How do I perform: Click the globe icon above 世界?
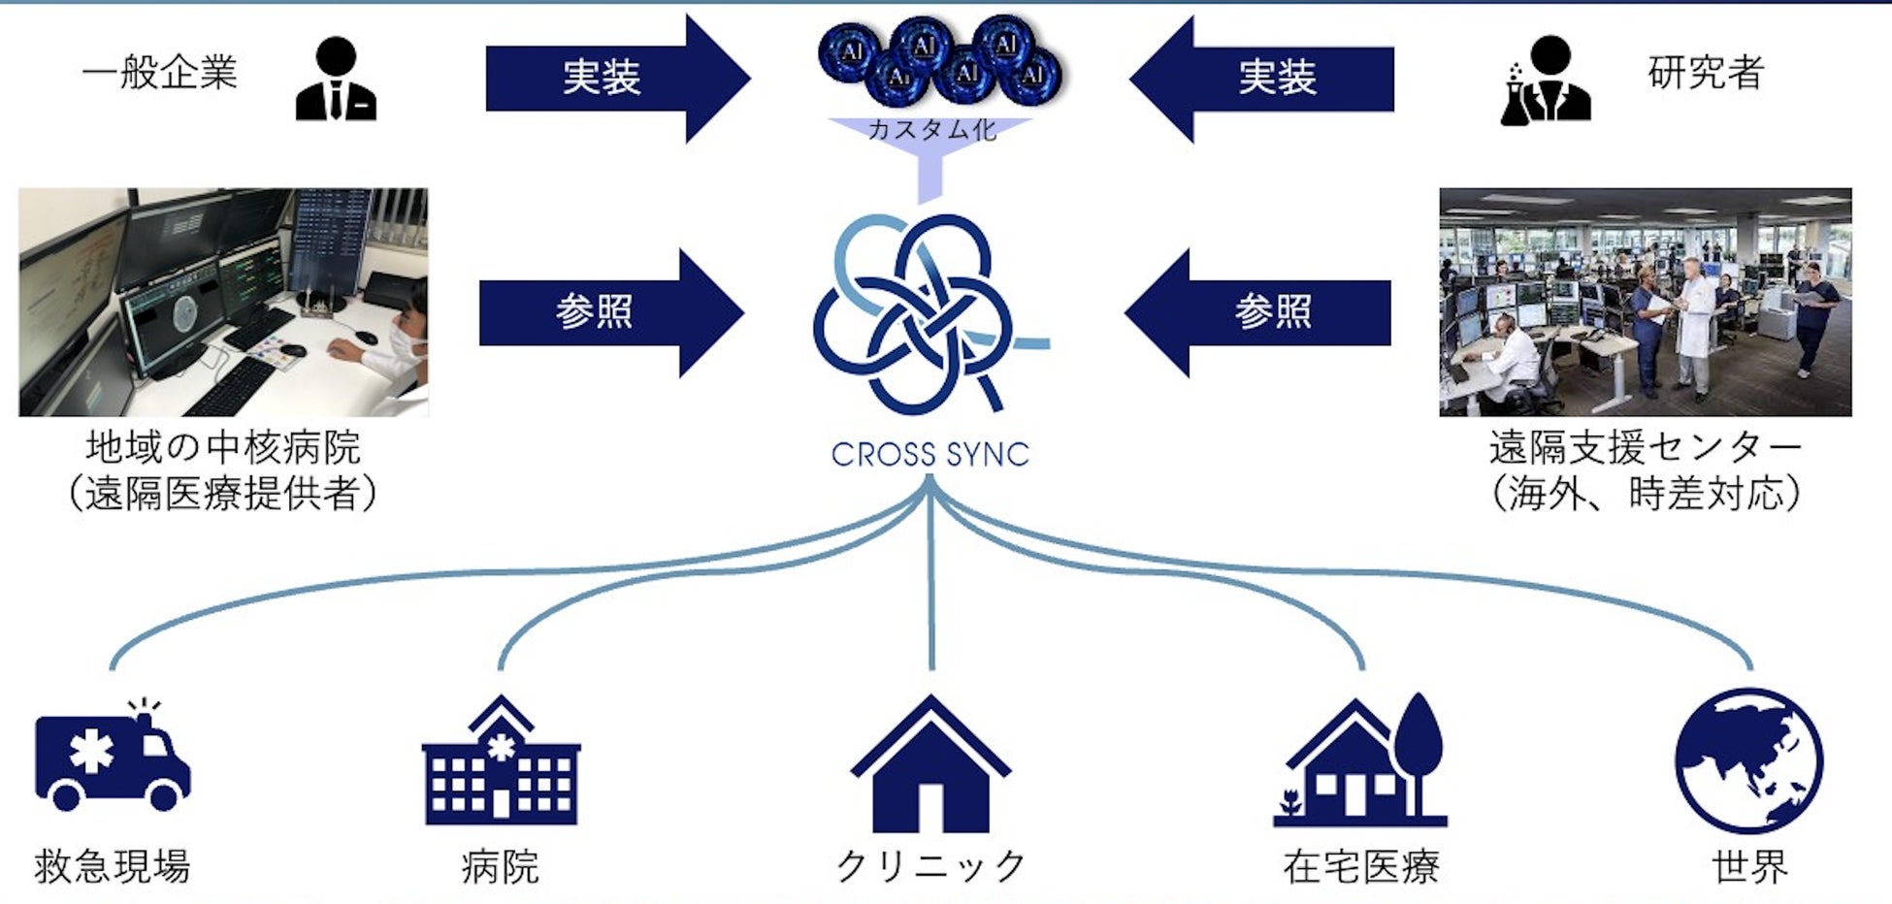pyautogui.click(x=1748, y=760)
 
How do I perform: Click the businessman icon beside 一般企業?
pyautogui.click(x=336, y=80)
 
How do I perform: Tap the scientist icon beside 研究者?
pyautogui.click(x=1546, y=81)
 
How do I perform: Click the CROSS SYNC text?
pyautogui.click(x=930, y=454)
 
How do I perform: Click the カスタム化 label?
pyautogui.click(x=930, y=130)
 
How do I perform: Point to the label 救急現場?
pyautogui.click(x=113, y=866)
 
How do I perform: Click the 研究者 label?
pyautogui.click(x=1705, y=73)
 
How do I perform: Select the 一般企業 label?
pyautogui.click(x=160, y=73)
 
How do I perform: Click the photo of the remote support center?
pyautogui.click(x=1645, y=302)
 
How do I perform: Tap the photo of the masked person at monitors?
pyautogui.click(x=223, y=302)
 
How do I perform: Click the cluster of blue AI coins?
pyautogui.click(x=938, y=60)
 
